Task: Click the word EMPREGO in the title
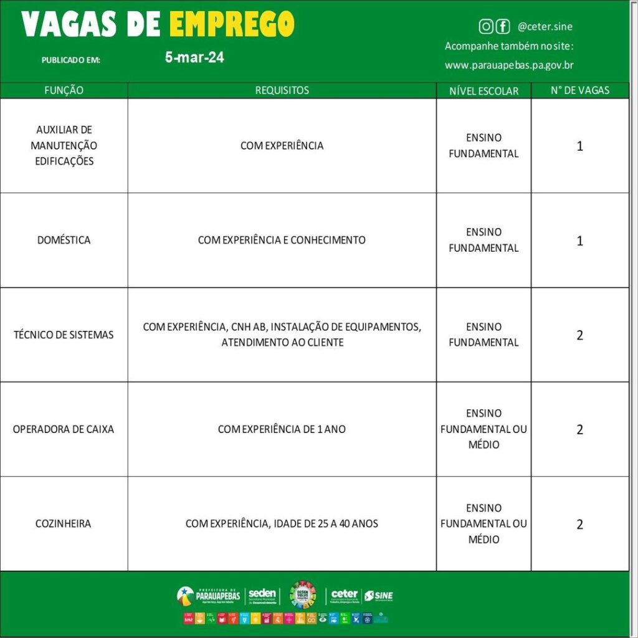(231, 24)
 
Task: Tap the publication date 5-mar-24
(194, 58)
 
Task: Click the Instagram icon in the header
(485, 26)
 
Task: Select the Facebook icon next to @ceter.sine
(502, 26)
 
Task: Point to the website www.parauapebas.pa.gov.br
(509, 65)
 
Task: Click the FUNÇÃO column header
(64, 90)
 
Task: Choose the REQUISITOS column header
(282, 90)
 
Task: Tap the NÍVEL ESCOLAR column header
(483, 91)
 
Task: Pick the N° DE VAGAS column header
(580, 90)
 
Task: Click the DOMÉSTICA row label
(64, 240)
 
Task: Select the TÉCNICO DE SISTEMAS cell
(64, 335)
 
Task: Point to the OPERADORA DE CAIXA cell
(64, 429)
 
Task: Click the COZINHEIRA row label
(64, 524)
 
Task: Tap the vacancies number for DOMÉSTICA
(580, 241)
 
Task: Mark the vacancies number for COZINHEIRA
(580, 525)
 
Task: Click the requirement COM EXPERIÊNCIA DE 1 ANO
(282, 429)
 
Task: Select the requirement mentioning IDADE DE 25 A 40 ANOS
(282, 524)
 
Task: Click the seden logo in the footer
(262, 596)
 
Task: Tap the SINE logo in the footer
(379, 596)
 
